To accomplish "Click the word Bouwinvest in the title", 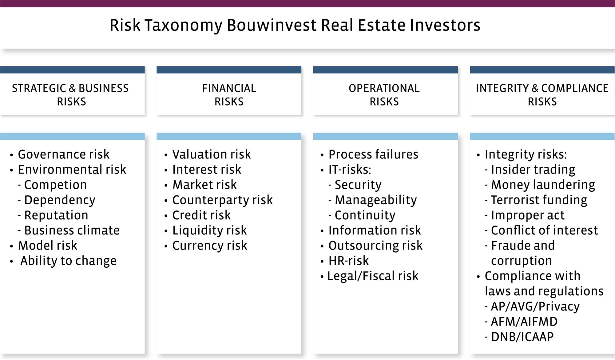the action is pos(272,25).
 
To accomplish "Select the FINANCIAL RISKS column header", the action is pos(229,95).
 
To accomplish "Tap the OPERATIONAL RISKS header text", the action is pos(384,95).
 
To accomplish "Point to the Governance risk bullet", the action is pos(64,154).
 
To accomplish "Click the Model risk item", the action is pos(48,246).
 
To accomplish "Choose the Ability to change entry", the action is pos(69,261).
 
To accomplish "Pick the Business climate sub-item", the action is pos(72,230).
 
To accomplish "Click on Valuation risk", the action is pos(212,154).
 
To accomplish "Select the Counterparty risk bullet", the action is pos(223,200).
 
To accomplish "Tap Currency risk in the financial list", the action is pos(210,246).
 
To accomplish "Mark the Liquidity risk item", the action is pos(210,230).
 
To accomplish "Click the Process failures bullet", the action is pos(373,154).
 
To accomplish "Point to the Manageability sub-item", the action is pos(376,200).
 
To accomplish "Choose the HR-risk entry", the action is pos(349,261).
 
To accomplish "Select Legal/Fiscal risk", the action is pos(373,276).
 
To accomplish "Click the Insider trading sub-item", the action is pos(533,170).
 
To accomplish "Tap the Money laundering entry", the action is pos(543,185).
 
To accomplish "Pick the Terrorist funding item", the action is pos(539,200).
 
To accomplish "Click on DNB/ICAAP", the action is pos(522,337).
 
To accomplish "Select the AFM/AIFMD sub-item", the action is pos(524,322).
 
